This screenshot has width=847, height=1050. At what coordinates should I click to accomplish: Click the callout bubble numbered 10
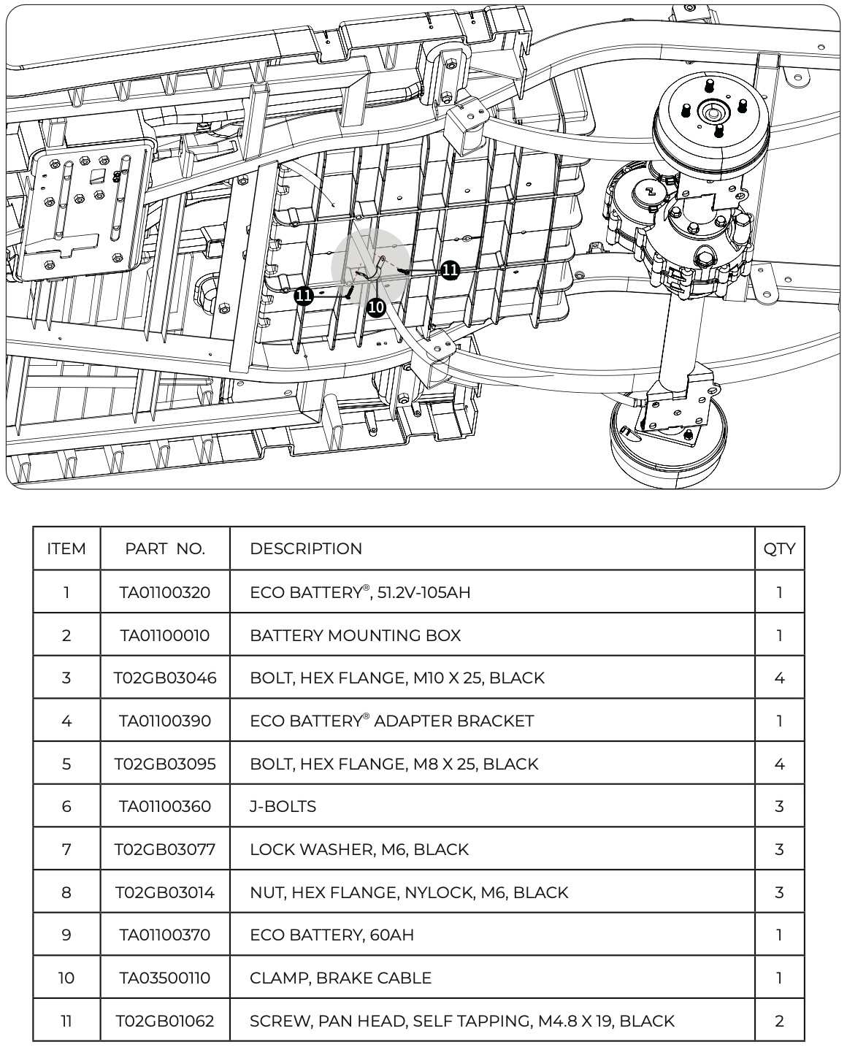(x=376, y=307)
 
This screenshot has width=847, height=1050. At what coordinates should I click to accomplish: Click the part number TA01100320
(x=165, y=592)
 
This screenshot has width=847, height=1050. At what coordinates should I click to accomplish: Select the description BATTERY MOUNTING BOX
(x=355, y=635)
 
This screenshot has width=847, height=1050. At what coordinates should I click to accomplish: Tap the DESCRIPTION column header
(x=306, y=548)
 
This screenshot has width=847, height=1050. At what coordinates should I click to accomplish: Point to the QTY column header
(x=779, y=548)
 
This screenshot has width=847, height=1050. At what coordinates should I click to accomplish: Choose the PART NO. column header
(x=165, y=548)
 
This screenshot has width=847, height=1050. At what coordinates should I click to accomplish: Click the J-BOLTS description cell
(x=283, y=806)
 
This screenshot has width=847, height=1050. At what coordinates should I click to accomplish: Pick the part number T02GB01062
(x=165, y=1021)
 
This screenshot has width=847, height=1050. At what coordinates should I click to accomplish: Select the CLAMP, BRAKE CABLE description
(x=340, y=978)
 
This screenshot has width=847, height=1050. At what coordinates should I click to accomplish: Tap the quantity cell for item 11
(x=779, y=1021)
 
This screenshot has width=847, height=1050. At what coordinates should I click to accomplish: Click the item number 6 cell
(x=66, y=806)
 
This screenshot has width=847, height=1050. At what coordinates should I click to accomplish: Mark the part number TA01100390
(x=165, y=721)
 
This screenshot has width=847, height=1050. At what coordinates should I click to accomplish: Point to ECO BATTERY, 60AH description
(x=331, y=935)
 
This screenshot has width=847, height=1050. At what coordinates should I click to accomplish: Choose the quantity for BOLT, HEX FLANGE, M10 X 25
(x=779, y=678)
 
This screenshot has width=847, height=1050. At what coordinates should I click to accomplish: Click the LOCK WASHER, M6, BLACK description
(x=359, y=849)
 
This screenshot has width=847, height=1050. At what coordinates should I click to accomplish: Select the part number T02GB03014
(x=165, y=892)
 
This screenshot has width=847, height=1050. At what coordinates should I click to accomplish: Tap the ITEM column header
(x=66, y=548)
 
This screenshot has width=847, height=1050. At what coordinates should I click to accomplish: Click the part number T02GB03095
(x=165, y=764)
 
